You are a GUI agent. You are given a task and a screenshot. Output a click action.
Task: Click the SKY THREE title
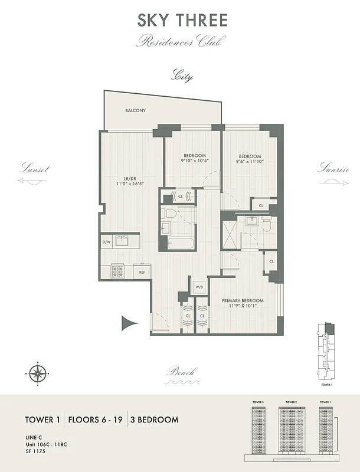tap(182, 20)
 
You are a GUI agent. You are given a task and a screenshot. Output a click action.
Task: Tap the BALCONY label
tap(135, 110)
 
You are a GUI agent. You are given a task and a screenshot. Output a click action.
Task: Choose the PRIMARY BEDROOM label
tap(243, 300)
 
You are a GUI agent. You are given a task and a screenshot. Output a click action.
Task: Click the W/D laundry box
tap(199, 287)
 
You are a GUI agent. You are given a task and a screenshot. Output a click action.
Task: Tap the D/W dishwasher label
tap(107, 241)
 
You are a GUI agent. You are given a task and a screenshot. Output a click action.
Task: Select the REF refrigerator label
tap(142, 272)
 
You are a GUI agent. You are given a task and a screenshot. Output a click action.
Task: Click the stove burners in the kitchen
tap(117, 271)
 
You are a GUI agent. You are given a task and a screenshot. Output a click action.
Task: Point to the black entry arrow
tap(129, 323)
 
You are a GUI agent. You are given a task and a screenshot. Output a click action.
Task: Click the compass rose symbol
tap(37, 373)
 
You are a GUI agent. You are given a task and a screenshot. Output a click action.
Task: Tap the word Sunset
tap(34, 169)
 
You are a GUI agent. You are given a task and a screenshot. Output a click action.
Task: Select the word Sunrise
tap(334, 169)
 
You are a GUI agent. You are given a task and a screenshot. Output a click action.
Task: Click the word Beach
tap(181, 372)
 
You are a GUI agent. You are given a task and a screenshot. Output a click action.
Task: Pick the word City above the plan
tap(182, 76)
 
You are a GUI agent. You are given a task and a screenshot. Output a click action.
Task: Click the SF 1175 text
tap(35, 451)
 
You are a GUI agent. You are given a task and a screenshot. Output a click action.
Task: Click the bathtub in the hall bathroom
tap(178, 242)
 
